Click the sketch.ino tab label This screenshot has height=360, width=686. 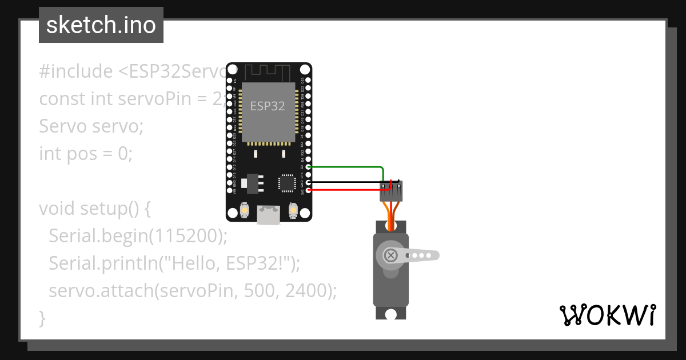(x=101, y=25)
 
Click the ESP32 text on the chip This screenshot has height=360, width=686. (x=268, y=106)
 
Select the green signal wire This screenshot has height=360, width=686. (x=349, y=167)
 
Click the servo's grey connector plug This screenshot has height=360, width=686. (x=391, y=191)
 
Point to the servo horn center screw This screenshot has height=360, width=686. (x=391, y=255)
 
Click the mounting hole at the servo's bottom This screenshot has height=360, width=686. (x=391, y=314)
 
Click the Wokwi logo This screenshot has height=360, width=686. (x=607, y=315)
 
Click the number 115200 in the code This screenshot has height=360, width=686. (x=189, y=235)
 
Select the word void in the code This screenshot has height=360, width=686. (x=57, y=209)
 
